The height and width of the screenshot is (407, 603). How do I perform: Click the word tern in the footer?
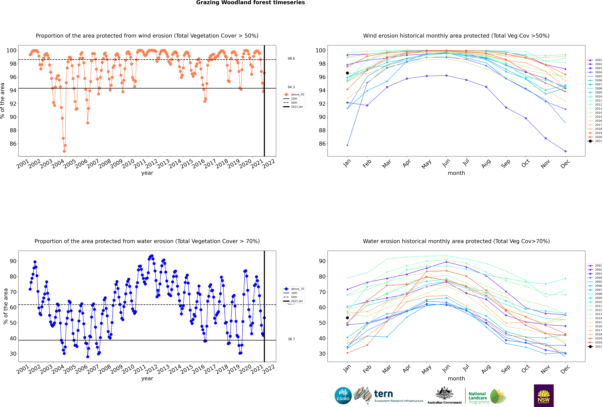tap(383, 394)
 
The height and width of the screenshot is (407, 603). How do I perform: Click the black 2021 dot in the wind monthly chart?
tap(347, 73)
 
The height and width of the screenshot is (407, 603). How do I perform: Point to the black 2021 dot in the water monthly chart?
tap(347, 318)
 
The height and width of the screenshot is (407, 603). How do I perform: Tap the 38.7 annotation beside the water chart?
tap(291, 339)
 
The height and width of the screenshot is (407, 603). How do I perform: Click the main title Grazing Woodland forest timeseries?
tap(250, 3)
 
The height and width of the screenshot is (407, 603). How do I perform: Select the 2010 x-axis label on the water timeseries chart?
tap(128, 369)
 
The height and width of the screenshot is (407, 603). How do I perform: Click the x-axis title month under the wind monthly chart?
tap(456, 173)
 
